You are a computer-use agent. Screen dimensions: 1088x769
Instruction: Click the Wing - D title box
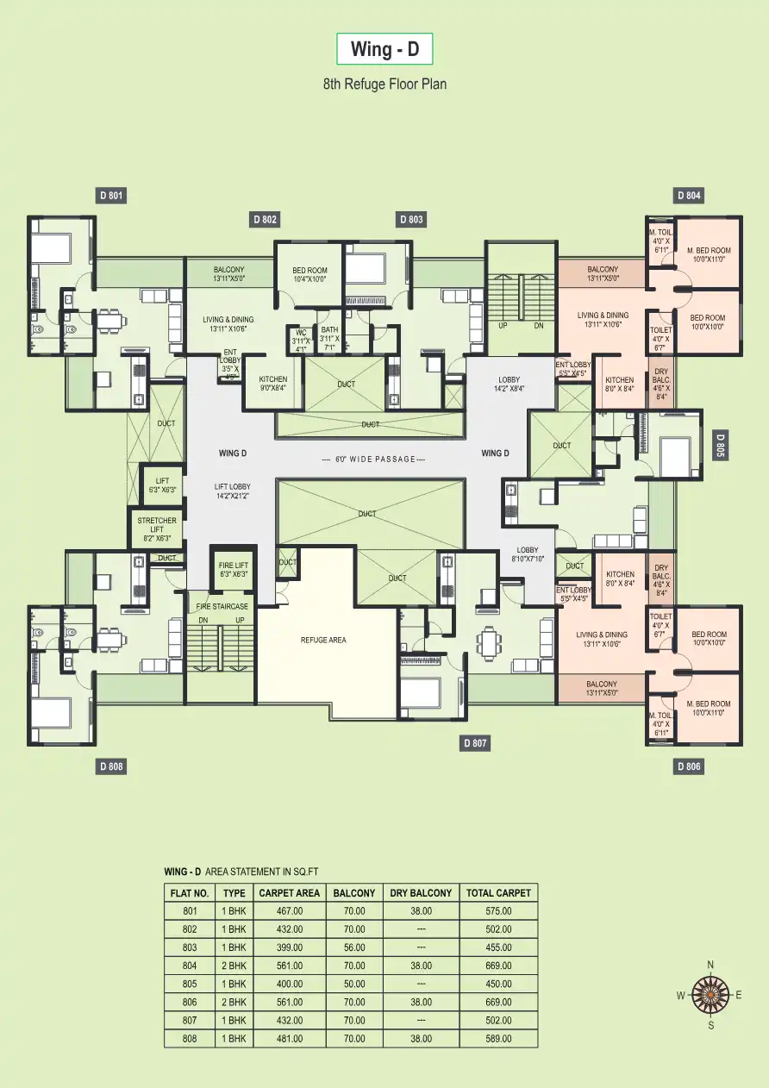click(x=384, y=50)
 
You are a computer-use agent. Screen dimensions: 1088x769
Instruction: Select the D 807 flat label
click(x=476, y=742)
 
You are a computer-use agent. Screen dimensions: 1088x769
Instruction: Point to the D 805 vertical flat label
click(x=720, y=444)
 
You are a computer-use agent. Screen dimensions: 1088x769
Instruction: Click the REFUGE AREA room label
click(x=323, y=640)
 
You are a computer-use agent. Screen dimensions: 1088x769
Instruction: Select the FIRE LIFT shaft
click(x=233, y=568)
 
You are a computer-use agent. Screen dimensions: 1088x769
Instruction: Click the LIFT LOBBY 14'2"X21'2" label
click(x=233, y=491)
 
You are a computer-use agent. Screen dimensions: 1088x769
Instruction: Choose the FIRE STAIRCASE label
click(x=222, y=607)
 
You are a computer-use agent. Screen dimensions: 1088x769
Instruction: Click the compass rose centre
click(x=710, y=995)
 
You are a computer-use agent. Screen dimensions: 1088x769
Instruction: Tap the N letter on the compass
click(x=710, y=965)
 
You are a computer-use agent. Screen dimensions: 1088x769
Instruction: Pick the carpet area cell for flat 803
click(x=290, y=947)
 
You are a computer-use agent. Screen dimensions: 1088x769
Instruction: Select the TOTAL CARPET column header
click(x=498, y=892)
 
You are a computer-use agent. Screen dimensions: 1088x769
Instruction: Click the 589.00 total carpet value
click(x=498, y=1039)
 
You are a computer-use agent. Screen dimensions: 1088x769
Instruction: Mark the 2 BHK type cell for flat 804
click(x=234, y=966)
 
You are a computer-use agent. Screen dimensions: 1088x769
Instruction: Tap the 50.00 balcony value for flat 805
click(x=353, y=984)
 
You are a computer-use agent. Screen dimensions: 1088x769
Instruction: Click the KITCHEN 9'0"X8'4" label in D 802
click(x=272, y=384)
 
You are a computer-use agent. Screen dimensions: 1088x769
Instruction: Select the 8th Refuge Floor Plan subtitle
click(x=384, y=84)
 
